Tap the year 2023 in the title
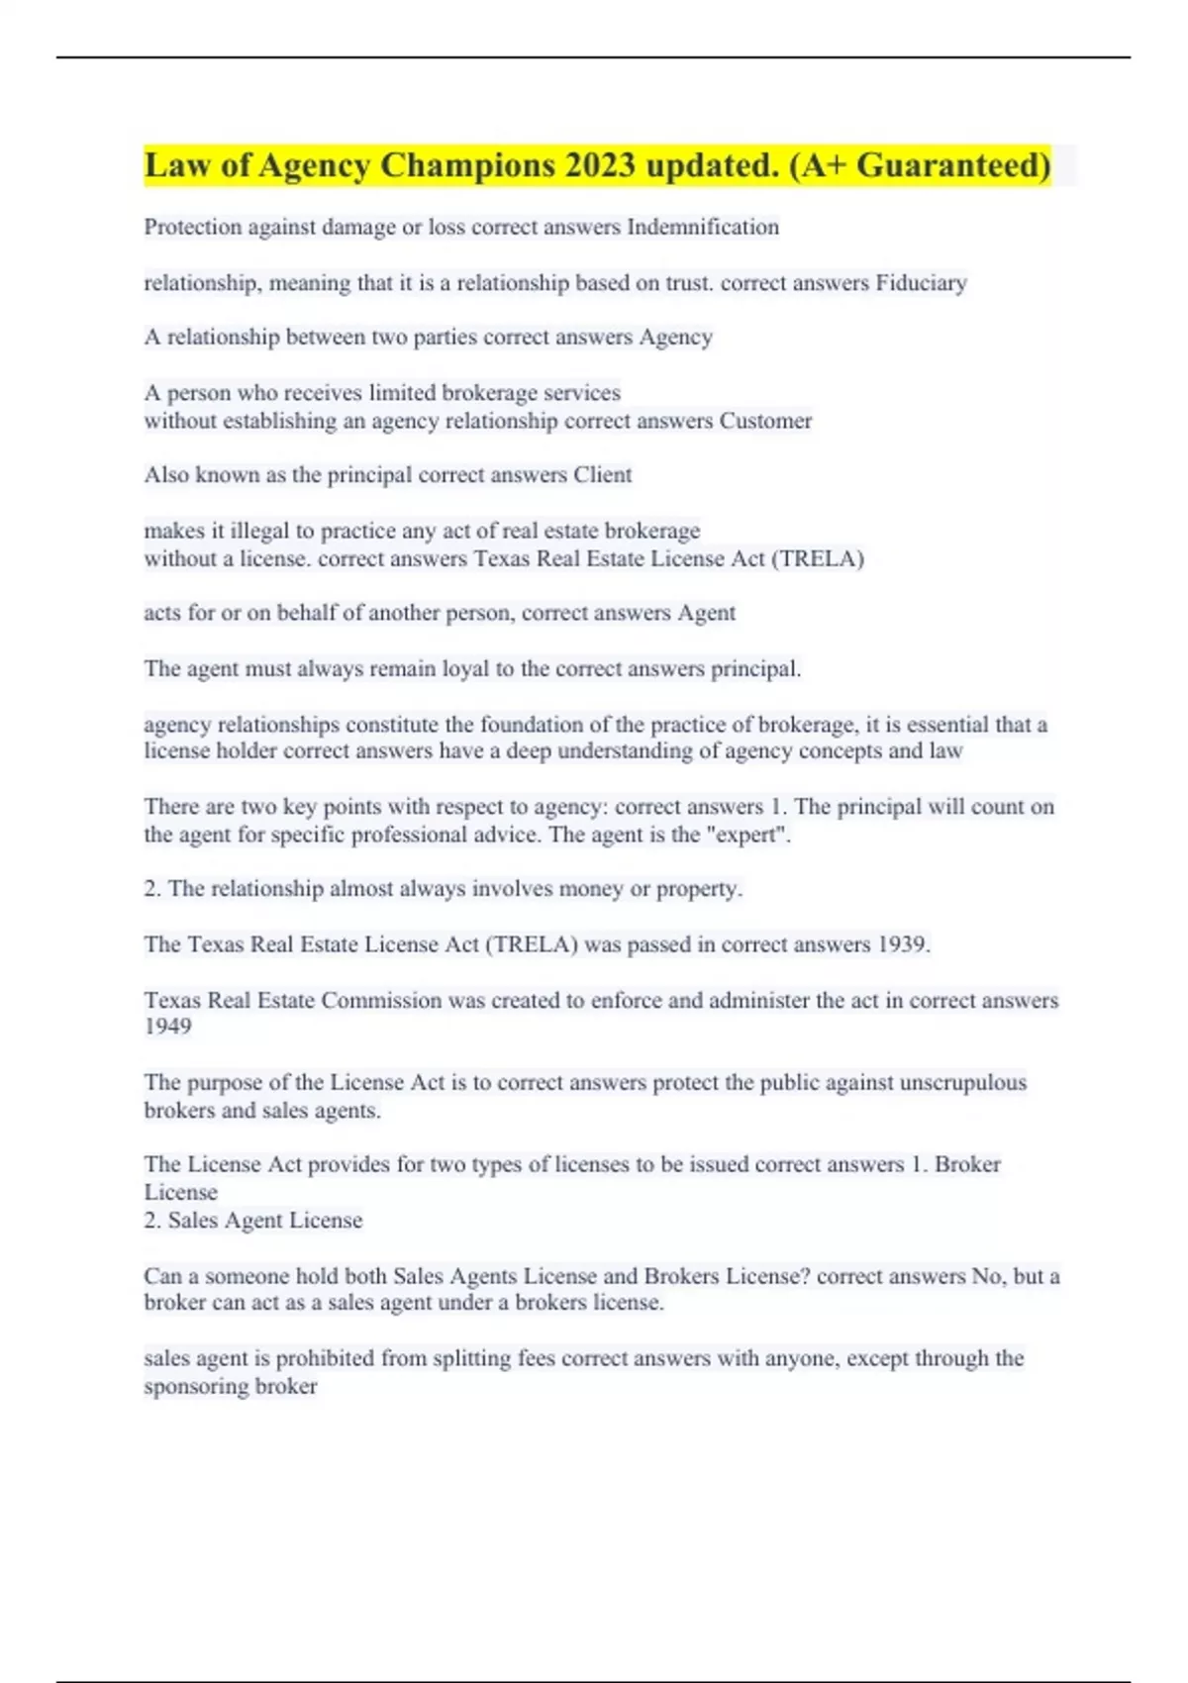601,165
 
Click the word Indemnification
703,228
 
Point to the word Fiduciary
921,283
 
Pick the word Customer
765,421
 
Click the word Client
602,475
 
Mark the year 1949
167,1027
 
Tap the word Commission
381,1001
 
